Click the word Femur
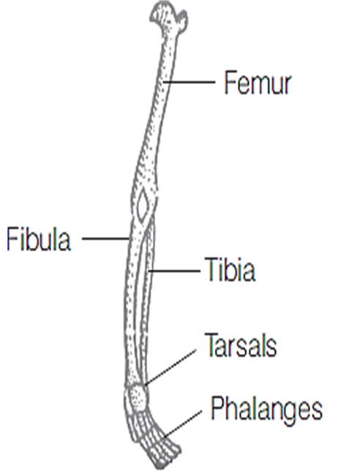tap(258, 83)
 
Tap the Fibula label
tap(39, 239)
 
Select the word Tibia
tap(230, 269)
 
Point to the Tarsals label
tap(241, 345)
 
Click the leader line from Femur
tap(189, 82)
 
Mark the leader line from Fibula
tap(105, 239)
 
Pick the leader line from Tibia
tap(174, 271)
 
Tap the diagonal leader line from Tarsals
tap(170, 367)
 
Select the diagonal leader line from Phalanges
tap(181, 424)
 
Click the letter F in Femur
tap(230, 83)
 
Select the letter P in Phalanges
tap(218, 407)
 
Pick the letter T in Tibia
tap(211, 269)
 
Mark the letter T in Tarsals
tap(211, 345)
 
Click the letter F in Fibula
tap(12, 239)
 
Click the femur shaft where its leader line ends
tap(164, 82)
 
